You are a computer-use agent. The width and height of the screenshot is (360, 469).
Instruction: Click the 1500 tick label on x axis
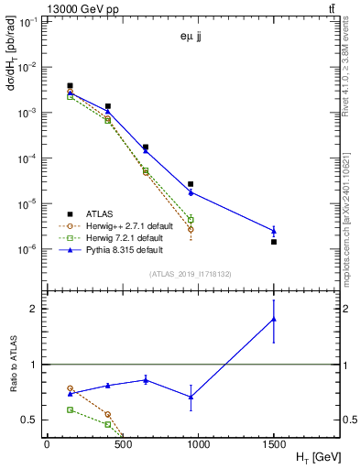(274, 442)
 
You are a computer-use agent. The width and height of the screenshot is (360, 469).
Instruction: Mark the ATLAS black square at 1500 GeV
(274, 242)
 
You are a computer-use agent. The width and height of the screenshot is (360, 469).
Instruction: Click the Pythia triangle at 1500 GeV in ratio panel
(274, 320)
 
